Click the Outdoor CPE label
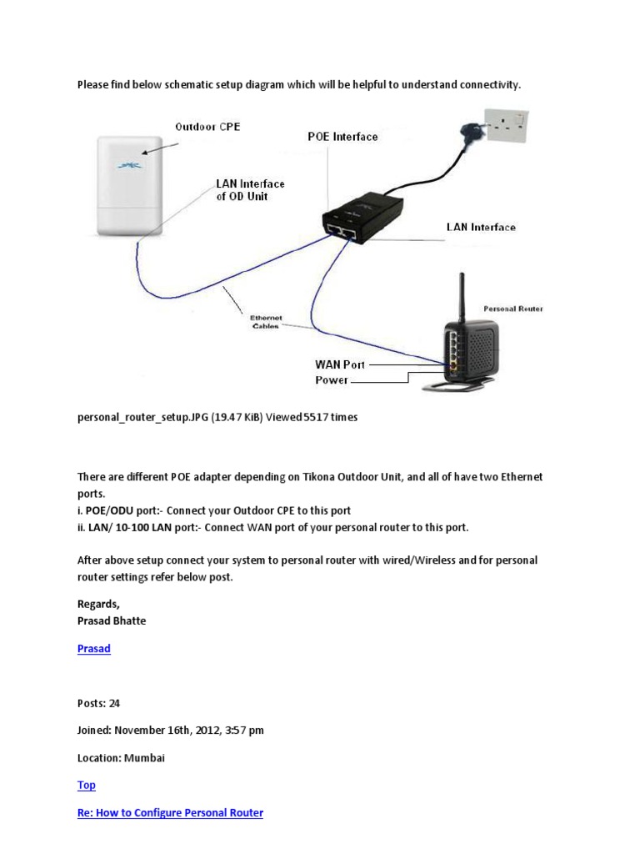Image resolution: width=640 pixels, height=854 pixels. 207,127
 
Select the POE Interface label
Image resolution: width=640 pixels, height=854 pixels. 342,137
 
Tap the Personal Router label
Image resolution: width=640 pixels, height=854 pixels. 512,309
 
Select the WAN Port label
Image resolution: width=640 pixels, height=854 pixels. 340,364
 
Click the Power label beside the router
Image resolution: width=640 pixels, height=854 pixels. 332,380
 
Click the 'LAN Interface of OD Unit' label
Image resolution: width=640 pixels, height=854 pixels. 250,189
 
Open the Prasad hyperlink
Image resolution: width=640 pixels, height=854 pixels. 93,648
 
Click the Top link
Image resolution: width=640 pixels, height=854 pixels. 86,785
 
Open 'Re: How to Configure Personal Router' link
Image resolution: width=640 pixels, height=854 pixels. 170,812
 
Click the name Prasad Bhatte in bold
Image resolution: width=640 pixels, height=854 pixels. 112,620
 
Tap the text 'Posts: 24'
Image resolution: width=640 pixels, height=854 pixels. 98,703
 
